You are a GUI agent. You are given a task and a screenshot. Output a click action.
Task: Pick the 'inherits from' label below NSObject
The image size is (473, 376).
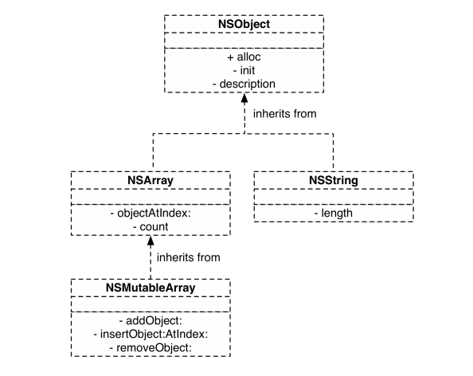(284, 114)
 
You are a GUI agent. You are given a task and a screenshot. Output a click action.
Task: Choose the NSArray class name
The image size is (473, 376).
(150, 182)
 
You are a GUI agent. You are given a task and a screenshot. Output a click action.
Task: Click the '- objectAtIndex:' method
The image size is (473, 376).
(150, 213)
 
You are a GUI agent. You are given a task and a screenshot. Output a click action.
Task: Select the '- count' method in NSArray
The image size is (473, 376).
(150, 226)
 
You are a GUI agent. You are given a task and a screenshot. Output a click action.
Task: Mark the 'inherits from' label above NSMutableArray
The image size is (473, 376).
(189, 257)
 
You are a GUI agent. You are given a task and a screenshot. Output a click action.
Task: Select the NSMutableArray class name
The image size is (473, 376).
(150, 287)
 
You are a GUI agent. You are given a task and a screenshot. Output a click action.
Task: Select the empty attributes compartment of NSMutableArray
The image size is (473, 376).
(150, 302)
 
